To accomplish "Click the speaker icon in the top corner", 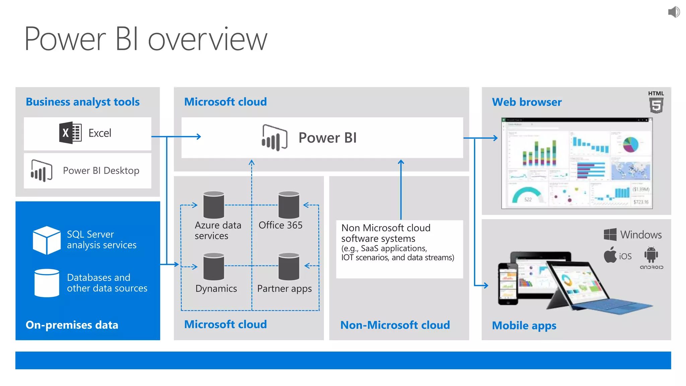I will [674, 12].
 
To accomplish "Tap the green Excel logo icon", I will [70, 133].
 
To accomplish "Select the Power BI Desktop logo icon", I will [42, 171].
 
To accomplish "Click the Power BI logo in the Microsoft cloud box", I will [274, 138].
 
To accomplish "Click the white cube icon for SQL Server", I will [47, 240].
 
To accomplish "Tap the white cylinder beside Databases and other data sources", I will [47, 283].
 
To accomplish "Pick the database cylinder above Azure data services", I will [214, 205].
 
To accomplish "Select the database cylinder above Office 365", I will [289, 205].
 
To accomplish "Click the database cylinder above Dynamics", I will [214, 266].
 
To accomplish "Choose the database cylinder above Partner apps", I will [289, 266].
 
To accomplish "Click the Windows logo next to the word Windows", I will [610, 235].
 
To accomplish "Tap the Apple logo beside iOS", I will [610, 255].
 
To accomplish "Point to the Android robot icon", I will [651, 255].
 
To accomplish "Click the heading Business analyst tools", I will [83, 102].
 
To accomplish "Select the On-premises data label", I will [72, 325].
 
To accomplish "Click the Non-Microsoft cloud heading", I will [395, 325].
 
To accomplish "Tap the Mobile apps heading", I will [524, 325].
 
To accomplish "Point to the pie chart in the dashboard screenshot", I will [631, 144].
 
